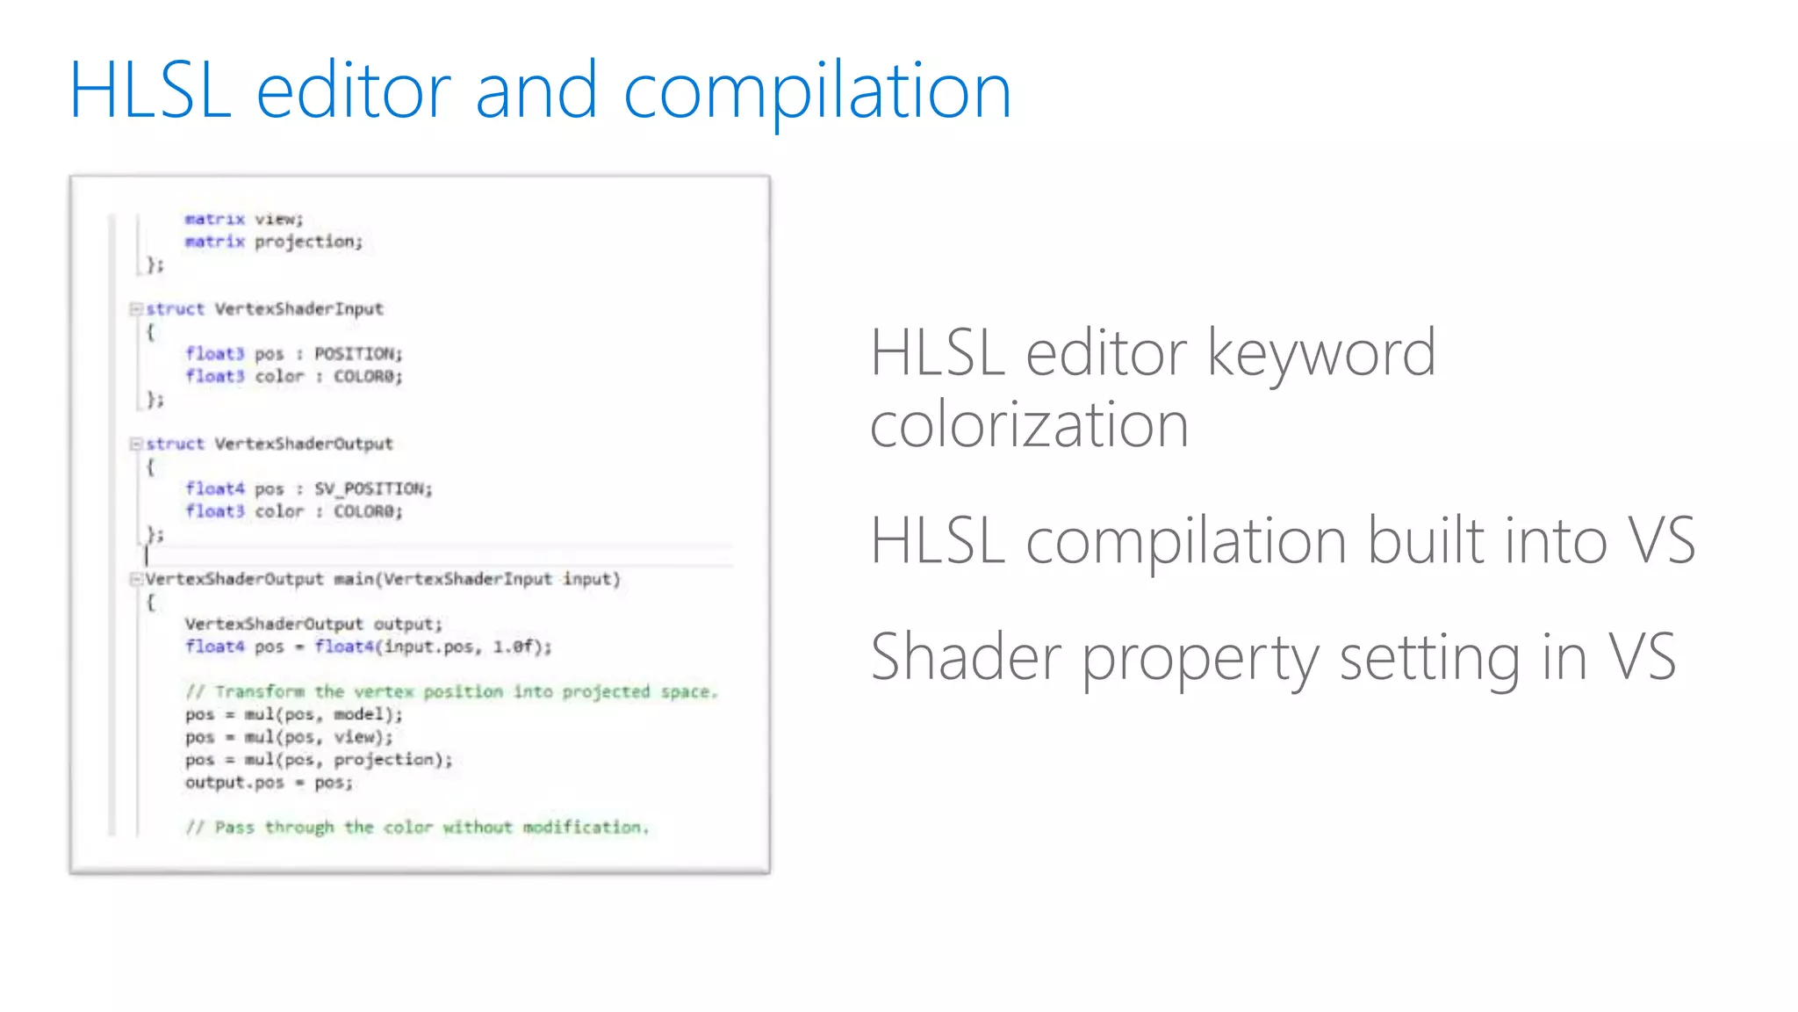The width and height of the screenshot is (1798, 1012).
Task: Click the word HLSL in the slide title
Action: (x=150, y=90)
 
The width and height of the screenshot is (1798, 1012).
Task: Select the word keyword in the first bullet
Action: (x=1321, y=353)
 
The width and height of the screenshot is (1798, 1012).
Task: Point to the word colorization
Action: (x=1029, y=425)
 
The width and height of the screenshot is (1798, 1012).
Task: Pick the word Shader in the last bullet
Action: (x=966, y=657)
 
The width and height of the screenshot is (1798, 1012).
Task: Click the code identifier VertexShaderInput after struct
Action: (x=299, y=309)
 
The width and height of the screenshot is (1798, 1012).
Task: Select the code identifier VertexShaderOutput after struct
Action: (x=304, y=444)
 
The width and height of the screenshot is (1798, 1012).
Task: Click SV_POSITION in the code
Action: (x=373, y=488)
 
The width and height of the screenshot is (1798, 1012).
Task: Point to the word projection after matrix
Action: (x=308, y=242)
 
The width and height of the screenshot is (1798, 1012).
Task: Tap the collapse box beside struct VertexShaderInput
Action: (x=136, y=309)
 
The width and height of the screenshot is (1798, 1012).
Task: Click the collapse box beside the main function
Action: (x=136, y=579)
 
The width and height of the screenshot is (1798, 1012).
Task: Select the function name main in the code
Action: (x=354, y=579)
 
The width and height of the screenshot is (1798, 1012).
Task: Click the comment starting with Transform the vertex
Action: (x=451, y=692)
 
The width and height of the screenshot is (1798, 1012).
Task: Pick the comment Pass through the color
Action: (x=417, y=828)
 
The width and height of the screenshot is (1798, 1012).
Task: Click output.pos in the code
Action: (x=234, y=782)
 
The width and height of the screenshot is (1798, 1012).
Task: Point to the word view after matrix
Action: (x=278, y=219)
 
